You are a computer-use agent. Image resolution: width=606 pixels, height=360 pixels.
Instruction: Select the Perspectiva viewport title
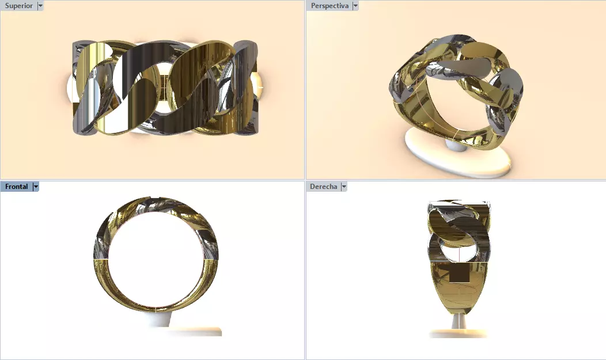[x=329, y=6]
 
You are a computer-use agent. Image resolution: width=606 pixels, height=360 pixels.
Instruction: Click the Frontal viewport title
[x=16, y=187]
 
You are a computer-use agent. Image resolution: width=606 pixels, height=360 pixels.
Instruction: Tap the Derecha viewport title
[x=323, y=187]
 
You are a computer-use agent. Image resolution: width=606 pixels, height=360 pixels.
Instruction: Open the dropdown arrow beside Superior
[x=40, y=6]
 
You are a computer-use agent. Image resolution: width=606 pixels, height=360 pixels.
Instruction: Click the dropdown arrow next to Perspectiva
[x=355, y=6]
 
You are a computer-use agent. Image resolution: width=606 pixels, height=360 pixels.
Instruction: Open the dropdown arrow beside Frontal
[x=36, y=187]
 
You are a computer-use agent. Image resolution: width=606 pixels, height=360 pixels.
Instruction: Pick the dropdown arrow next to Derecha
[x=344, y=187]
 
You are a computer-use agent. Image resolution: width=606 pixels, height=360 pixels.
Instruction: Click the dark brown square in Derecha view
[x=459, y=274]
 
